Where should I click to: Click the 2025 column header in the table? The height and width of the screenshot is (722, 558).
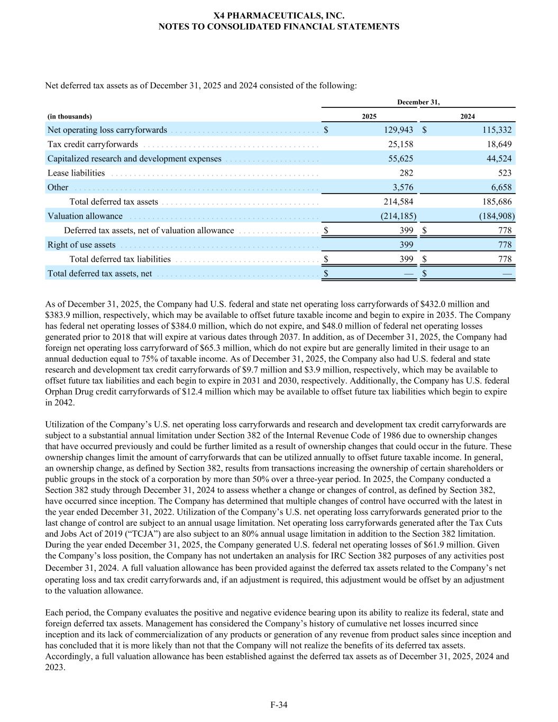coord(369,116)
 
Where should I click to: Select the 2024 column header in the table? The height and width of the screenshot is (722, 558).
coord(467,116)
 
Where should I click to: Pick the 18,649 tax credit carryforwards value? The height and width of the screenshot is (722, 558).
coord(499,144)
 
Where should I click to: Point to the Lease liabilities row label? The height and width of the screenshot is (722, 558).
coord(76,173)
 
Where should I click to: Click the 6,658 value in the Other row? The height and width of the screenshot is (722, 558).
coord(501,187)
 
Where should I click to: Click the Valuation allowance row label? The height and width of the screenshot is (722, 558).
coord(85,216)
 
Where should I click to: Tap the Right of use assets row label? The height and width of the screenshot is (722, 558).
coord(81,244)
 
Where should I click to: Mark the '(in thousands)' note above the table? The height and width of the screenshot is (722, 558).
coord(69,116)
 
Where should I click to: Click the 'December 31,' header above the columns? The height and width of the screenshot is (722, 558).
coord(418,102)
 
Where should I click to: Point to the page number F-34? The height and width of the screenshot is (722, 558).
coord(279,705)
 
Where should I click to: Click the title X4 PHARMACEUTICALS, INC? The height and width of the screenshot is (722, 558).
coord(279,16)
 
